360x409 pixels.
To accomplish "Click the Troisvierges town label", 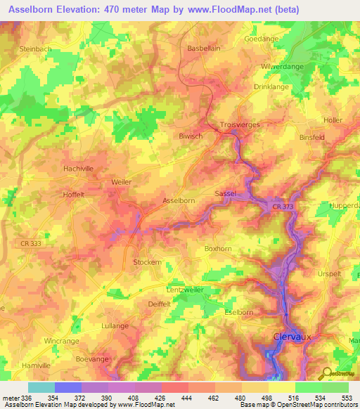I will click(241, 122).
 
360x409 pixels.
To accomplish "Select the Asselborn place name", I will click(179, 200).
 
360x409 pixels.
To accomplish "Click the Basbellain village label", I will click(204, 48).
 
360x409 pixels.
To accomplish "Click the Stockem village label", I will click(147, 262).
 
